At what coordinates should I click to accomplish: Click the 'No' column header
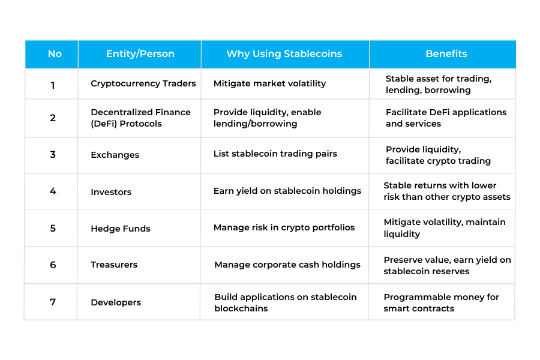click(55, 54)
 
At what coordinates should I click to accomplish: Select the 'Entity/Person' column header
click(140, 54)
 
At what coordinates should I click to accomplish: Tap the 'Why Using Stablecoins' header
click(284, 54)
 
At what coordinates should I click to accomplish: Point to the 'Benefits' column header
click(446, 54)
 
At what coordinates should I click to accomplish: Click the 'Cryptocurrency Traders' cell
click(143, 84)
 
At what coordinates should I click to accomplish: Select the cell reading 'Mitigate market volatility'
click(269, 84)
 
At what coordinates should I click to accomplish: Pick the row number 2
click(53, 118)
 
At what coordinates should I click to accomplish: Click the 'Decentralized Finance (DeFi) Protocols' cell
click(140, 118)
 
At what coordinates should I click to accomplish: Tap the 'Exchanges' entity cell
click(115, 155)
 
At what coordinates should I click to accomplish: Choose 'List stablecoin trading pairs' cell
click(275, 154)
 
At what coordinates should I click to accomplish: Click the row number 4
click(53, 191)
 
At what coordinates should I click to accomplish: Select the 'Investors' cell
click(111, 192)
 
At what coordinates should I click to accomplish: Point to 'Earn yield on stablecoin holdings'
click(287, 191)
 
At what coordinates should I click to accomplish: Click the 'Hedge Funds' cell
click(121, 229)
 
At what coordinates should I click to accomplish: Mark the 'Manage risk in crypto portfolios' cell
click(284, 227)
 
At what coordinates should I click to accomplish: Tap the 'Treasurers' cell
click(114, 265)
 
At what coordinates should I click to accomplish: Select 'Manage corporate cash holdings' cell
click(287, 265)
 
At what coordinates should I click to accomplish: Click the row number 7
click(53, 302)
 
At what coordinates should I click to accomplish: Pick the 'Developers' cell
click(116, 302)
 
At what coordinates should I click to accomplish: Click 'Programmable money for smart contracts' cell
click(441, 302)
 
